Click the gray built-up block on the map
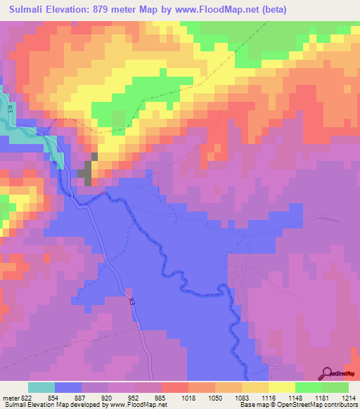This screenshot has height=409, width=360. click(87, 171)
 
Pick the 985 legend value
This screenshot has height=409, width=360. click(160, 398)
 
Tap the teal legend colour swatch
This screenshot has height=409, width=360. click(41, 387)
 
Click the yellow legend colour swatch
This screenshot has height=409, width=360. click(282, 387)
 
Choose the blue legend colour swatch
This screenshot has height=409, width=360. click(68, 387)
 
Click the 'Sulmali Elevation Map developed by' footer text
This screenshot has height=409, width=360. click(49, 405)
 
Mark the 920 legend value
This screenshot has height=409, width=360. click(107, 398)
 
